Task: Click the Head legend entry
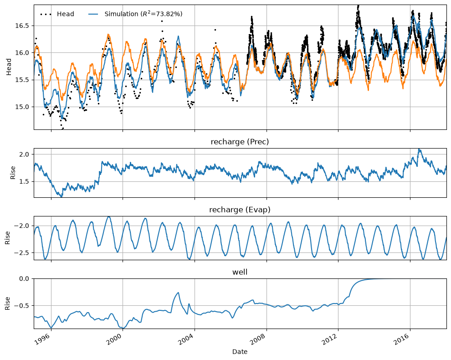click(x=57, y=14)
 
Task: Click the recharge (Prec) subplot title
click(x=240, y=142)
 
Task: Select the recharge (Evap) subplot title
click(x=240, y=210)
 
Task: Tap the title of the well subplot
click(x=240, y=272)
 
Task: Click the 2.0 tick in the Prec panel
click(x=24, y=154)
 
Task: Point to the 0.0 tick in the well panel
click(x=24, y=278)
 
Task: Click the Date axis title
click(x=240, y=352)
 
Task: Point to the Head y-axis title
click(x=9, y=67)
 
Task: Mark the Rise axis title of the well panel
click(x=7, y=303)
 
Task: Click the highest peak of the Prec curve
click(x=419, y=149)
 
